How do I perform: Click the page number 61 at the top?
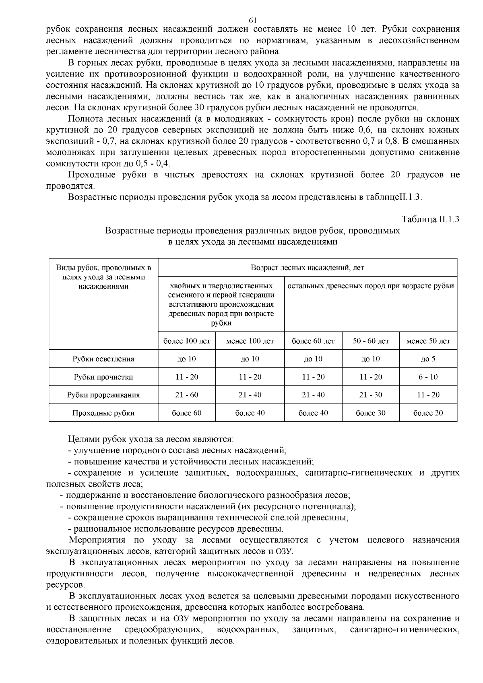pos(253,20)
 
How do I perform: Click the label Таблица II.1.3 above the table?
pos(430,219)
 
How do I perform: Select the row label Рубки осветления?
pos(103,359)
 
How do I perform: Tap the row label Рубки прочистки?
pos(103,377)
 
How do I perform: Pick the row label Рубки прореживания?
pos(103,395)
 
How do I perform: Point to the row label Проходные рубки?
pos(103,413)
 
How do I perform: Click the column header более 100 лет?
pos(187,341)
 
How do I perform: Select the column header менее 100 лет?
pos(250,341)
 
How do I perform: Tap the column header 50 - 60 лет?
pos(371,341)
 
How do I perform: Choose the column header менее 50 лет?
pos(428,341)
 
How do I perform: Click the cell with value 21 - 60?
pos(187,395)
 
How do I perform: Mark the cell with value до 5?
pos(428,359)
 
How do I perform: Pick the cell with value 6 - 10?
pos(428,377)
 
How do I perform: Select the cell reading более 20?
pos(428,413)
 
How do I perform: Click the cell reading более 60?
pos(187,413)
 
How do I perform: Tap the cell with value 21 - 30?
pos(371,395)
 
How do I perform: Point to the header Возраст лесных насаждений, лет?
pos(308,268)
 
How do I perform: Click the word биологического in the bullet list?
pos(227,495)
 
